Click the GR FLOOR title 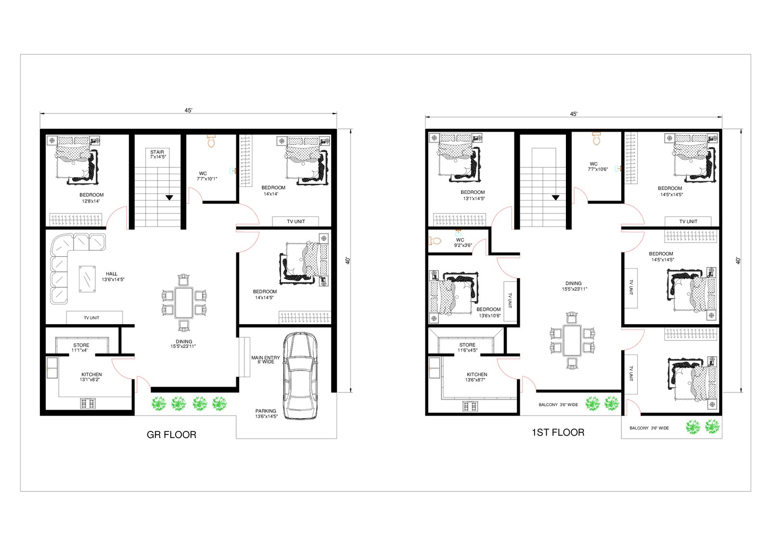[x=171, y=435]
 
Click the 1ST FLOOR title [x=558, y=432]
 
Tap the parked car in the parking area [x=300, y=376]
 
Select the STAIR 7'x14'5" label [x=157, y=154]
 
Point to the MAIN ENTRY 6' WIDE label [x=265, y=360]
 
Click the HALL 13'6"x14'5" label [x=113, y=277]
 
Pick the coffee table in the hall [x=87, y=279]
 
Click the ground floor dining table [x=184, y=303]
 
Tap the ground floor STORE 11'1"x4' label [x=81, y=348]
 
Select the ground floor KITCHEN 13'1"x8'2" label [x=91, y=377]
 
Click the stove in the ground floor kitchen [x=88, y=404]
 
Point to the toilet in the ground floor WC [x=211, y=141]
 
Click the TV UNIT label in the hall [x=91, y=318]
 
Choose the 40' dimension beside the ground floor [x=347, y=261]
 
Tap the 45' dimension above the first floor [x=573, y=114]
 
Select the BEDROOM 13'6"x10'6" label [x=489, y=312]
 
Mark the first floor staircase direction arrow [x=555, y=198]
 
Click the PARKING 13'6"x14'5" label [x=266, y=414]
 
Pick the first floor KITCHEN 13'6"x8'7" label [x=476, y=377]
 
